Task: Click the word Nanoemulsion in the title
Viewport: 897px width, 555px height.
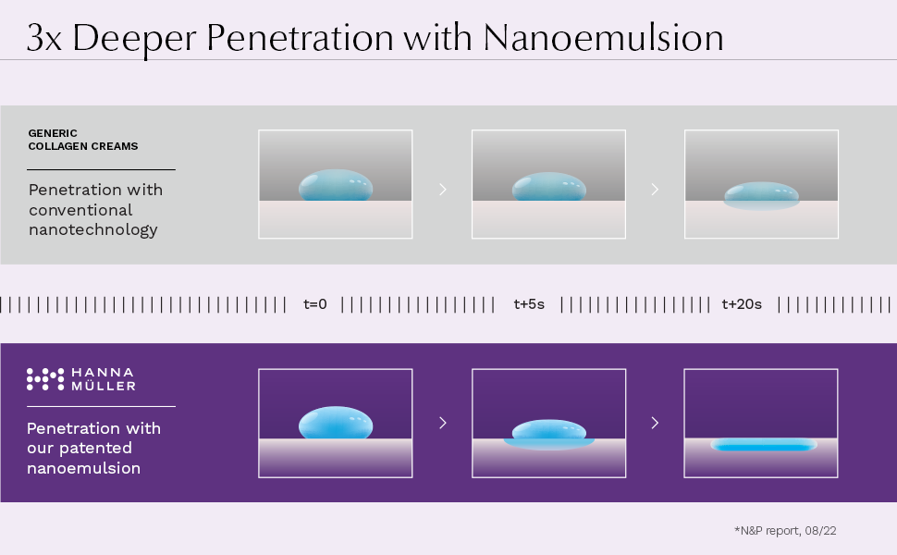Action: point(603,38)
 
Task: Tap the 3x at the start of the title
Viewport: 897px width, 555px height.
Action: point(45,39)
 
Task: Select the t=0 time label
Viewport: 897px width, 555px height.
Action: point(315,304)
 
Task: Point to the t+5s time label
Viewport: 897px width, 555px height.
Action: point(529,304)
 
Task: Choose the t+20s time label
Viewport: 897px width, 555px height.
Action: point(742,304)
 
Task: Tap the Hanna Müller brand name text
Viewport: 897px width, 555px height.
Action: point(103,378)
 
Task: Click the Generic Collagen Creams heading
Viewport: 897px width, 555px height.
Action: point(82,140)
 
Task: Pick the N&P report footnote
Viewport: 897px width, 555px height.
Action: point(785,530)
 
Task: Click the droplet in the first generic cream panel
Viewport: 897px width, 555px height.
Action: point(336,186)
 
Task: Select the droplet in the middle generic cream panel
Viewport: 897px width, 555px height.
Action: point(549,188)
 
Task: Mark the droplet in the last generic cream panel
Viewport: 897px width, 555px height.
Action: point(762,195)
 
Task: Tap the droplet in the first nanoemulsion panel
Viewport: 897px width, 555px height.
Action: point(336,424)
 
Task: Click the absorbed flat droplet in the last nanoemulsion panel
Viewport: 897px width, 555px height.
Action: point(763,445)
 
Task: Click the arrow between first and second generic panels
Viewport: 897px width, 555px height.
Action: point(443,189)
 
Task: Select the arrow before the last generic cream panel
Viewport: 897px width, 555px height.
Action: point(655,189)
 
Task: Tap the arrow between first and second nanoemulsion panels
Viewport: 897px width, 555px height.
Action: point(443,423)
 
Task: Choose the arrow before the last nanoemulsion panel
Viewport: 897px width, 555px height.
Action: point(655,423)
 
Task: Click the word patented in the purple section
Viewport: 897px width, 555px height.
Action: point(95,449)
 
